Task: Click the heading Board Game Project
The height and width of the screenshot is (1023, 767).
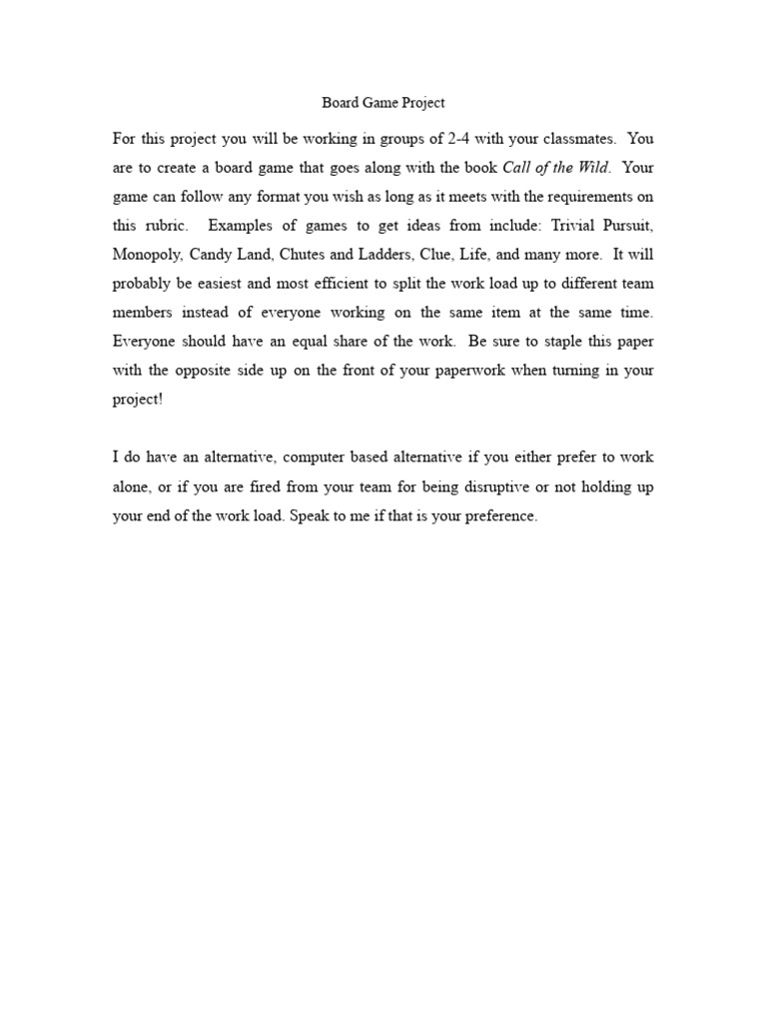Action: pyautogui.click(x=383, y=103)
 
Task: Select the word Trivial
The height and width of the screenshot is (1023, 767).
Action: pyautogui.click(x=566, y=226)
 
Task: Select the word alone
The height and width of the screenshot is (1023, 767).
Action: pyautogui.click(x=132, y=488)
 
